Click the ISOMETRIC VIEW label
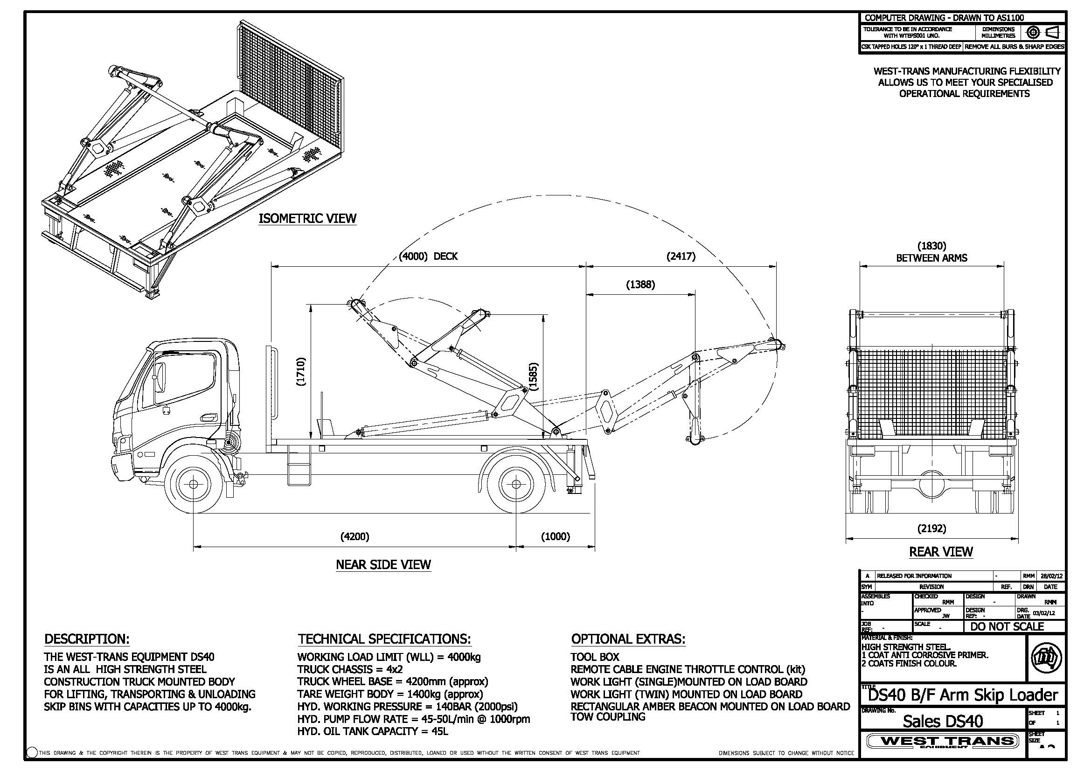(x=307, y=219)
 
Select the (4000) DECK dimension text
(x=428, y=257)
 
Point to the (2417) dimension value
(x=681, y=257)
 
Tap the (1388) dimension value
(x=640, y=285)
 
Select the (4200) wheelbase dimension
(x=354, y=536)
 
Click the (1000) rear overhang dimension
(x=556, y=536)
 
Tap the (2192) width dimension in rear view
(x=931, y=528)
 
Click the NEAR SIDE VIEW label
(x=383, y=564)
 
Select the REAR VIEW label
(x=941, y=551)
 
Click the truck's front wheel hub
(x=194, y=484)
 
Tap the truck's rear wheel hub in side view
(x=516, y=484)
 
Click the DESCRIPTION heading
(x=87, y=639)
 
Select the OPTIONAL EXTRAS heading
(x=628, y=639)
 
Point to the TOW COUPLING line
(x=608, y=717)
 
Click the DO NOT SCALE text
(x=1007, y=626)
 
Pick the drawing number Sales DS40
(x=943, y=721)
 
